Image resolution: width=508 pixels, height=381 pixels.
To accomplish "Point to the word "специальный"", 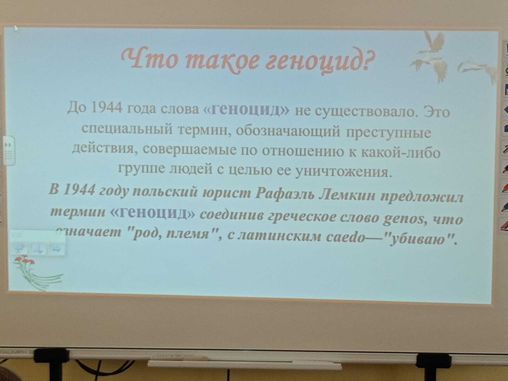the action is pos(128,129).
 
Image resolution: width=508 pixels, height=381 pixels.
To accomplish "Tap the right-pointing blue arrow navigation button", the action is pos(57,249).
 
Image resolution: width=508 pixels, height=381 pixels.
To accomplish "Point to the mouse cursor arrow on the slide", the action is pos(17,29).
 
